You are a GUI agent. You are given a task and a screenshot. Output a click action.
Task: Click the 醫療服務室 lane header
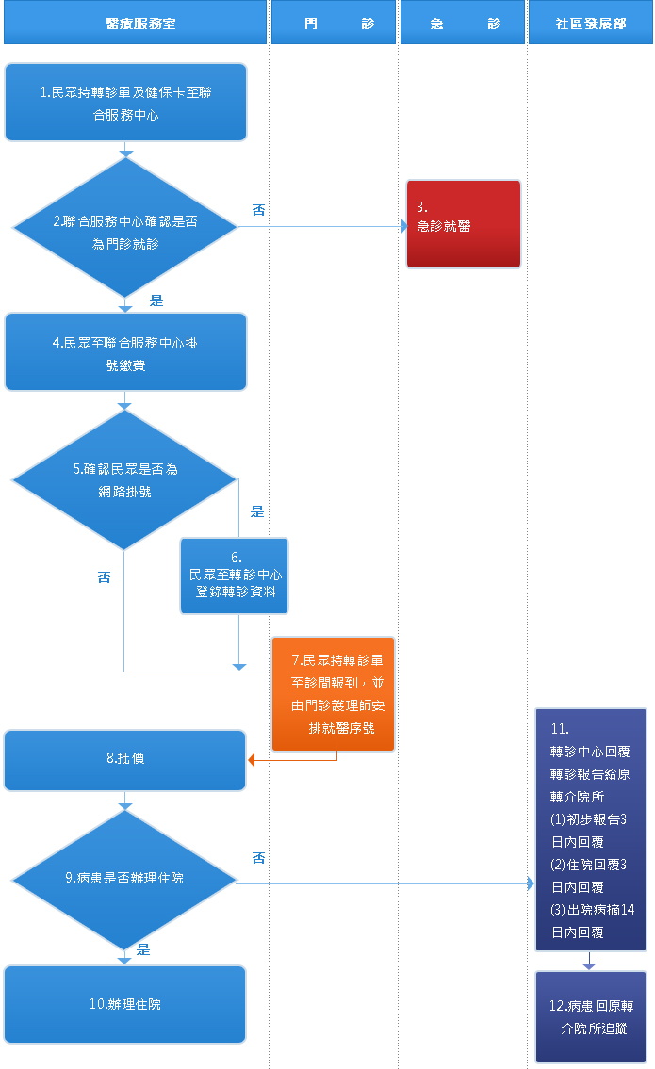pyautogui.click(x=135, y=24)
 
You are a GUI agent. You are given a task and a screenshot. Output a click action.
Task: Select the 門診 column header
pyautogui.click(x=334, y=24)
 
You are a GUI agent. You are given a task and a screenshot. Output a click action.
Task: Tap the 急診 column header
pyautogui.click(x=463, y=24)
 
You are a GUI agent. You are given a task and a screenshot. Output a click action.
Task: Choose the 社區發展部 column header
pyautogui.click(x=590, y=24)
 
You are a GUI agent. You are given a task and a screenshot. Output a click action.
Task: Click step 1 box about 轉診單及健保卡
pyautogui.click(x=125, y=103)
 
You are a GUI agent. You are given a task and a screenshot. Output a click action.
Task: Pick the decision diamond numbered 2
pyautogui.click(x=124, y=227)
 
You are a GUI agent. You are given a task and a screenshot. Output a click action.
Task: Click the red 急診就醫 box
pyautogui.click(x=463, y=224)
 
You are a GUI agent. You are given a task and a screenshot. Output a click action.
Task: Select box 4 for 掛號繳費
pyautogui.click(x=125, y=351)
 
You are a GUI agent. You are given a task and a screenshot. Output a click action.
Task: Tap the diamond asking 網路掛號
pyautogui.click(x=124, y=479)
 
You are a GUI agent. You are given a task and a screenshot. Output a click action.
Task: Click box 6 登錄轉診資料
pyautogui.click(x=235, y=575)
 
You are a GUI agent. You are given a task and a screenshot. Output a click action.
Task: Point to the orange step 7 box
pyautogui.click(x=333, y=694)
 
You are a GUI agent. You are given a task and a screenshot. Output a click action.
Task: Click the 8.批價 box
pyautogui.click(x=125, y=759)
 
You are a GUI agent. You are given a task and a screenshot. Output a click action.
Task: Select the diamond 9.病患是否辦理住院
pyautogui.click(x=124, y=880)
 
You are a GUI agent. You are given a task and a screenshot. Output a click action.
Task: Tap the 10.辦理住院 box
pyautogui.click(x=125, y=1004)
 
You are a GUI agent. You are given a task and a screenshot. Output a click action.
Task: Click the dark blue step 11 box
pyautogui.click(x=591, y=830)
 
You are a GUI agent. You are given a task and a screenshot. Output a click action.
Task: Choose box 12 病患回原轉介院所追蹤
pyautogui.click(x=591, y=1017)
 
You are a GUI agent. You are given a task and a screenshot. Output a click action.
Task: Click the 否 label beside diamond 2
pyautogui.click(x=258, y=210)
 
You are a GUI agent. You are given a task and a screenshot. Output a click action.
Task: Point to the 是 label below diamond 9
pyautogui.click(x=143, y=949)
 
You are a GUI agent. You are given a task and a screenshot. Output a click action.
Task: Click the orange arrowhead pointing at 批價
pyautogui.click(x=253, y=759)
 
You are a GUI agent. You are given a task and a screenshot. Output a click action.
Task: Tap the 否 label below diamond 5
pyautogui.click(x=105, y=577)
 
